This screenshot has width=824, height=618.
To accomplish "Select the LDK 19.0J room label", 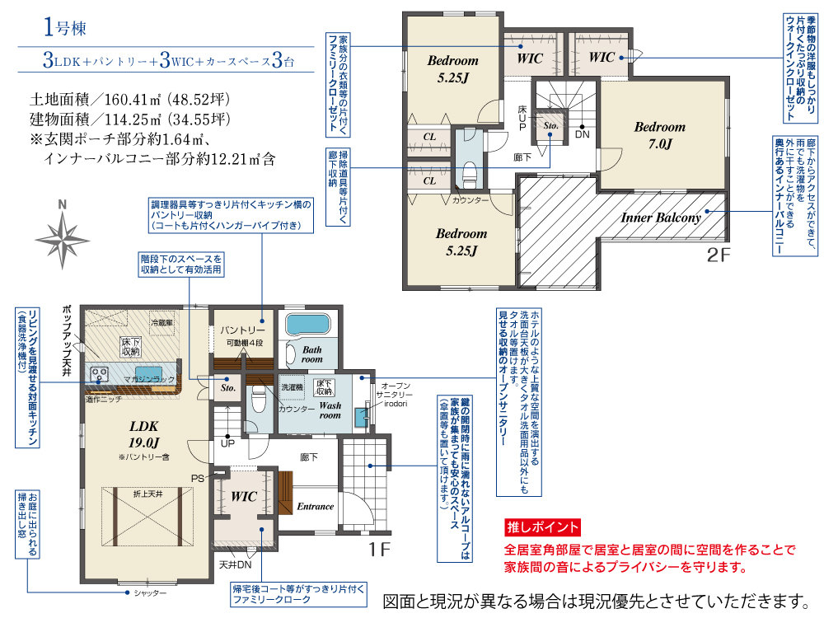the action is click(x=143, y=434).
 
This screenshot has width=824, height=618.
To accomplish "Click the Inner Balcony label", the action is click(x=661, y=218).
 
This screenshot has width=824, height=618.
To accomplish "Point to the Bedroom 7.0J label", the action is click(x=660, y=135).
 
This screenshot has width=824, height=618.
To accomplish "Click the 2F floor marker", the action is click(x=719, y=255).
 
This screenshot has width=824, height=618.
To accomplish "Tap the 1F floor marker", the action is click(x=379, y=550).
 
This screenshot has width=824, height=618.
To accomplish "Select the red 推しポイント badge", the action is click(x=542, y=527).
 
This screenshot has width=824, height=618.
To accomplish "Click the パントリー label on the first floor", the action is click(x=242, y=330).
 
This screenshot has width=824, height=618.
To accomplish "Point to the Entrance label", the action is click(x=316, y=507).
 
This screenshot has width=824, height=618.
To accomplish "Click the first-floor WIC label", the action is click(x=244, y=497).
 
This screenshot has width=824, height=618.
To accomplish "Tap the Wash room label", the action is click(x=330, y=410).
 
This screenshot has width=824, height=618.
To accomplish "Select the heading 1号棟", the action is click(x=64, y=27).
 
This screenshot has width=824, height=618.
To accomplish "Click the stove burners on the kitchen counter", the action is click(x=99, y=375).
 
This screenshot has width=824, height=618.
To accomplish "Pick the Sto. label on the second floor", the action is click(x=550, y=125).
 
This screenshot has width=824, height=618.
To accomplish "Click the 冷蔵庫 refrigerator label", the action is click(x=162, y=322).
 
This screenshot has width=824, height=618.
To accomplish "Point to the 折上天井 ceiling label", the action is click(x=147, y=494).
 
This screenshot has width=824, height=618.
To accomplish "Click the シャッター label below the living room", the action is click(x=150, y=593).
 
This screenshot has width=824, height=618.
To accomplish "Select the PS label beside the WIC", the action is click(x=198, y=479).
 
